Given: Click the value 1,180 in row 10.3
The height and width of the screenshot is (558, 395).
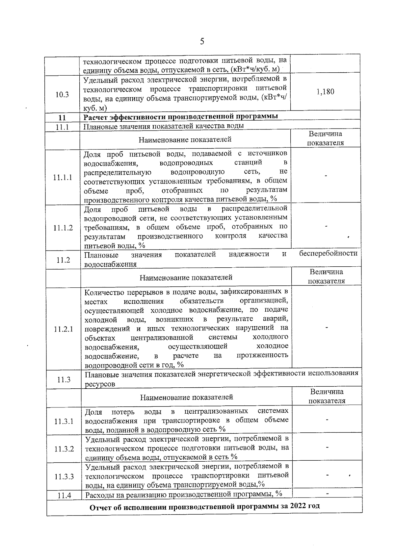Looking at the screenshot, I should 325,92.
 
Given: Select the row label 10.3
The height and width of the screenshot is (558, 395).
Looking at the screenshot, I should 62,95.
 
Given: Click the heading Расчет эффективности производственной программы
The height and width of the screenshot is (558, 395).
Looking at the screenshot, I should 181,117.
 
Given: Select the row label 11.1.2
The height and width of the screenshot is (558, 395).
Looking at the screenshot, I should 63,228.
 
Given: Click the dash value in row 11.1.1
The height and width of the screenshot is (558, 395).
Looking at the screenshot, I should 326,176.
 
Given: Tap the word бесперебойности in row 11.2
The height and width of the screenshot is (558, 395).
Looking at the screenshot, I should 328,253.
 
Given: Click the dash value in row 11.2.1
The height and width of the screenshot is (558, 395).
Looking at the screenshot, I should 327,328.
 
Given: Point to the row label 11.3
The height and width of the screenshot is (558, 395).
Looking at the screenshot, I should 64,380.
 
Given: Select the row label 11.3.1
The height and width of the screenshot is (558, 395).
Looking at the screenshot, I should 64,421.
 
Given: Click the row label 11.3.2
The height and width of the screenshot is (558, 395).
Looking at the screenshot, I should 64,449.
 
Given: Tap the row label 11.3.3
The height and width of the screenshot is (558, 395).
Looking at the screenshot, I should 64,476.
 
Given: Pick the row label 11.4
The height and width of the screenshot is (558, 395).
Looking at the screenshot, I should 64,496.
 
